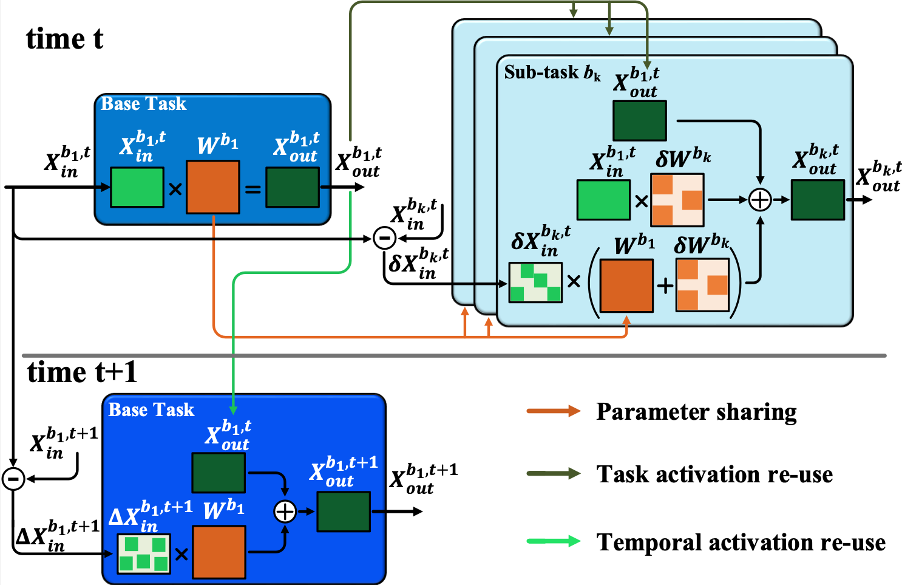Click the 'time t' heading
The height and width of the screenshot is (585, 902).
64,39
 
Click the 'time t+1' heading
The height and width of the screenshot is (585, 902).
82,372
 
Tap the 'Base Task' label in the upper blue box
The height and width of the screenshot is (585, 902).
143,104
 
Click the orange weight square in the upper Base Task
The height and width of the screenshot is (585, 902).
212,187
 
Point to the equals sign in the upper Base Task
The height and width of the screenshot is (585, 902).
253,190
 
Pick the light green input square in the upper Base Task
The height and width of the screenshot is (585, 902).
137,187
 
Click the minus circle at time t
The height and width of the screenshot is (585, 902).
384,238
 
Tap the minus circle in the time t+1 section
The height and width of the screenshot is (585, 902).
13,479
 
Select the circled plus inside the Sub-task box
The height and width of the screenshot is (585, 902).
759,199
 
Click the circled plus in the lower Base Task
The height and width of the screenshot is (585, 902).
285,511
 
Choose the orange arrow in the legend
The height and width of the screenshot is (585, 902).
553,411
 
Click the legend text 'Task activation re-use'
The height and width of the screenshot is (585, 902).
714,474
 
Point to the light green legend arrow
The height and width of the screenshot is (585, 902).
553,541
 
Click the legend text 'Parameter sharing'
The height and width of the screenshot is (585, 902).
696,411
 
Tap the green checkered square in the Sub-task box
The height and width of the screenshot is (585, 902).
535,282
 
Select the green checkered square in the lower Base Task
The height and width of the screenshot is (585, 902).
144,553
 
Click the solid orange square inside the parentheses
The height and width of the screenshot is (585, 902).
626,286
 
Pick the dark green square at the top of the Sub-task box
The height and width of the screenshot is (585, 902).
639,120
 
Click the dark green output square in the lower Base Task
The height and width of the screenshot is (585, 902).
344,511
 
